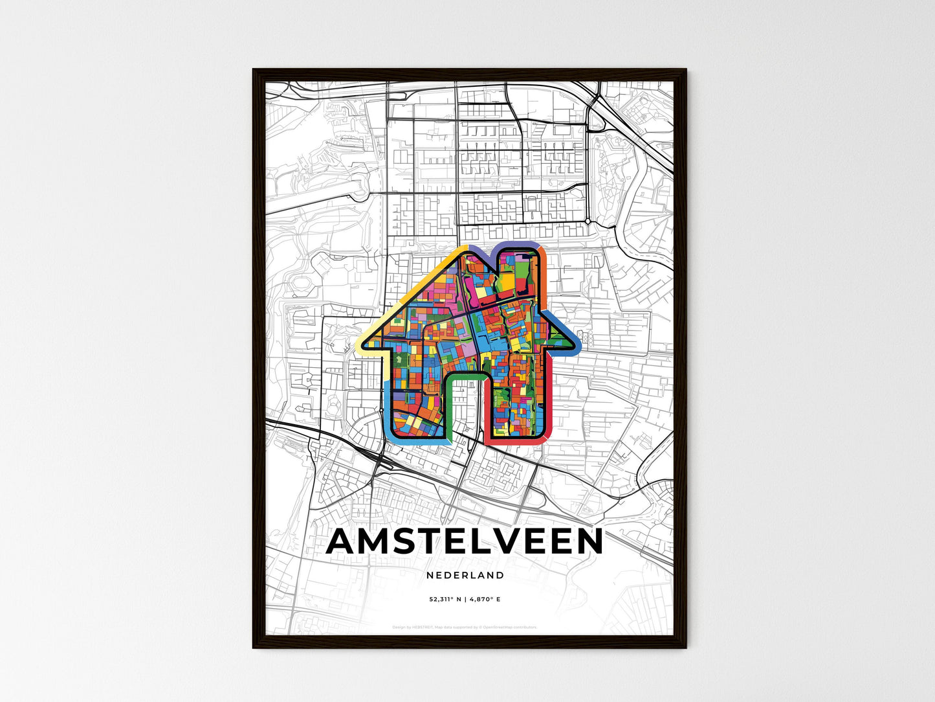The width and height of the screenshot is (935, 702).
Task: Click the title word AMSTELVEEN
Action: (465, 541)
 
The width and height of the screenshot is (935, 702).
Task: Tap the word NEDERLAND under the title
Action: (465, 575)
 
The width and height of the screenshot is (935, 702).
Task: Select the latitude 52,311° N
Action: (444, 600)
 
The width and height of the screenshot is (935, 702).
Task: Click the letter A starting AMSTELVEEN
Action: (344, 541)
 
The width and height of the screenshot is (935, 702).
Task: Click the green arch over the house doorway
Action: (465, 376)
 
